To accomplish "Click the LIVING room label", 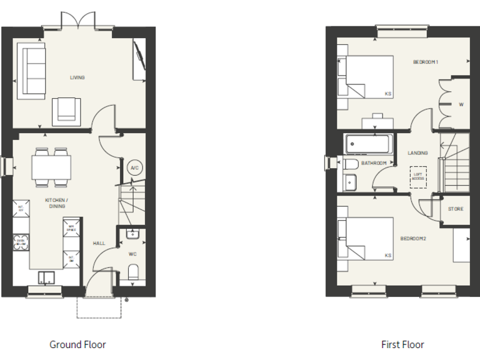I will coord(77,77).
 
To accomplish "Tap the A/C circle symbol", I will coord(133,168).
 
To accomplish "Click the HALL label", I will coord(99,243).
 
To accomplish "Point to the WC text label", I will coord(132,254).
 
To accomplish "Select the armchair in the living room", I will coord(66,111).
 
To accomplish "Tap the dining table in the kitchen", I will coord(51,167).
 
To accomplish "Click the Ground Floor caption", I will coord(77,344).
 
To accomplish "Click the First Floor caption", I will coord(402,344).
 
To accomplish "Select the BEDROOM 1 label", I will coord(426,62).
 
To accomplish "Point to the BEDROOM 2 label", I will coord(413,239).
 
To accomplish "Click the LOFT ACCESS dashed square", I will coord(418,176).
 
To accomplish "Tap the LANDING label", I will coord(417,152).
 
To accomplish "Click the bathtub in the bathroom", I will coord(369,144).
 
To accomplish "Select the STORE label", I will coord(456,209).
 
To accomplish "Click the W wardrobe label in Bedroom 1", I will coord(461,104).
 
